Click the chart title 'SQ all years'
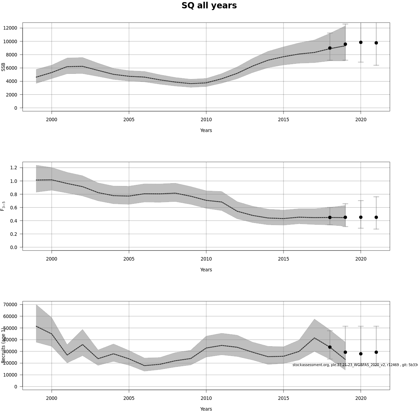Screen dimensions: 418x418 click(x=209, y=6)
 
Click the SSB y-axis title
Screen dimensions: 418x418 click(x=3, y=67)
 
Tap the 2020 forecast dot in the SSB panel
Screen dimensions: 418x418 click(x=361, y=42)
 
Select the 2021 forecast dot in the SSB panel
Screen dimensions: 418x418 click(x=376, y=43)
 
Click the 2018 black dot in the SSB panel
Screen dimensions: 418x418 click(x=330, y=48)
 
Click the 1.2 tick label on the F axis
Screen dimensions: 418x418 click(x=14, y=168)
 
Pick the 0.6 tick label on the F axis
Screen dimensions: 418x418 click(x=14, y=207)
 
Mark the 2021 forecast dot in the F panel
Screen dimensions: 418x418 click(x=376, y=217)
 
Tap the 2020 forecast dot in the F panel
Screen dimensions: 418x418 click(x=361, y=217)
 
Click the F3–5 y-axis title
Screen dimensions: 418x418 click(x=3, y=206)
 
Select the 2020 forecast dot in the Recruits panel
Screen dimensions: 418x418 click(x=361, y=354)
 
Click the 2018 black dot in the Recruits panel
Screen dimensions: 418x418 click(x=330, y=347)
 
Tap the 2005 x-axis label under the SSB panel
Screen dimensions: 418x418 click(x=129, y=119)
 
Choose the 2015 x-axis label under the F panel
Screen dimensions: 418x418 click(x=283, y=259)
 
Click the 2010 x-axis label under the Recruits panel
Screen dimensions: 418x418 click(x=206, y=398)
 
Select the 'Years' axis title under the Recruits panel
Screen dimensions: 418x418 click(x=206, y=409)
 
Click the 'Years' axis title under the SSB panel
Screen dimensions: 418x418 click(x=206, y=130)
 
